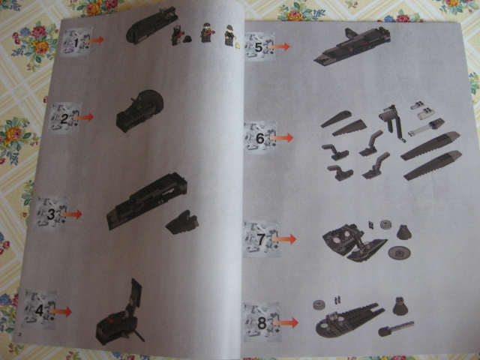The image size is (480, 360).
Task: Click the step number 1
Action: point(76,43)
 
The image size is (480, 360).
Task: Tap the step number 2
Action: point(64,118)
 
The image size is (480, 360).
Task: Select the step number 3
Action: point(51,214)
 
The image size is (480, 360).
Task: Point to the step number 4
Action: point(39,310)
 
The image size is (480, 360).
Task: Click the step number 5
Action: point(259,47)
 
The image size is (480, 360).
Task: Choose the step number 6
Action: point(260,138)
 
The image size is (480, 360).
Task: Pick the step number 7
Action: point(261,239)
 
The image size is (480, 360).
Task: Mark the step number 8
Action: point(262,323)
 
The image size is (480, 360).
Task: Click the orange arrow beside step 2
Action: point(83,117)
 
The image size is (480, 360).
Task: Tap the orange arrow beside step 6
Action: point(282,138)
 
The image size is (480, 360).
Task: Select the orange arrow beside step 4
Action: point(61,312)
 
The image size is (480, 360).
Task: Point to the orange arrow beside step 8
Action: point(286,322)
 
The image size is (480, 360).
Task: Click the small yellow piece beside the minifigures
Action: point(238,46)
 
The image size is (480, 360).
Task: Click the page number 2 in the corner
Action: point(20,334)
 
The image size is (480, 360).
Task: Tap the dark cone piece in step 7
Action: point(404,232)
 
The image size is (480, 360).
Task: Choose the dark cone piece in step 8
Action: point(400,307)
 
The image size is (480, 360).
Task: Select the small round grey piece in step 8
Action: point(319,304)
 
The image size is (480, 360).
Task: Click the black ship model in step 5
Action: point(352,46)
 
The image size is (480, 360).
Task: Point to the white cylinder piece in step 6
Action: point(425,115)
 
